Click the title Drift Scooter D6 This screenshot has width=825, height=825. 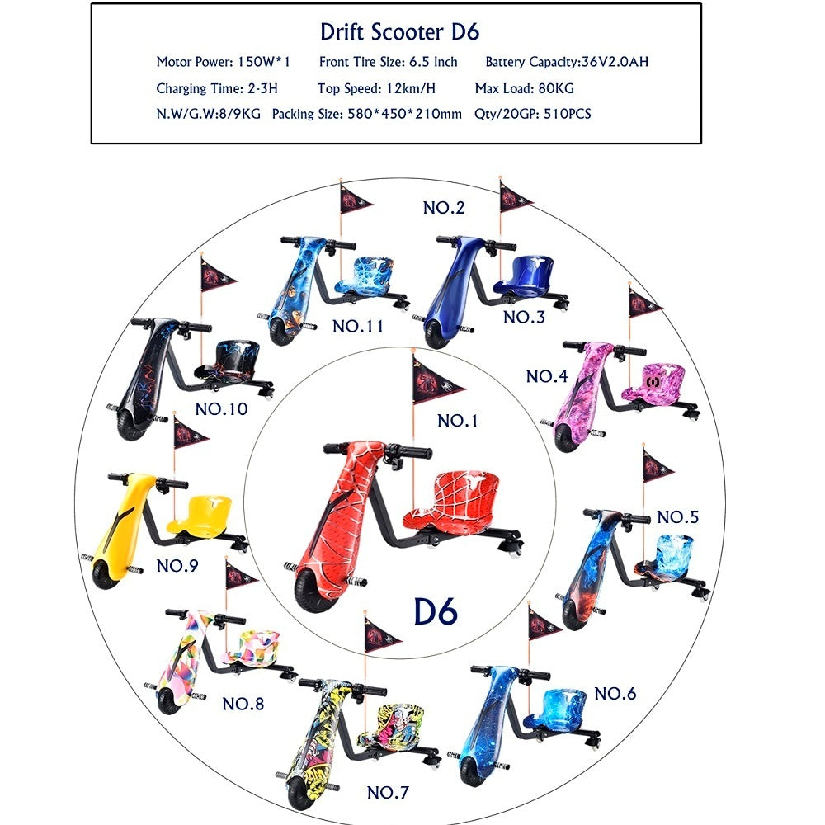[x=399, y=32]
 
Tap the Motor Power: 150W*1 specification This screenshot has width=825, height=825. [x=223, y=62]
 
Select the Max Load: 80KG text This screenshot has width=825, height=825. [x=524, y=88]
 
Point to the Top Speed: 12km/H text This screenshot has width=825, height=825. [x=376, y=88]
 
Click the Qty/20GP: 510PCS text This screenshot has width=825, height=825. [x=532, y=114]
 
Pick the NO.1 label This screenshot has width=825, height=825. [x=458, y=421]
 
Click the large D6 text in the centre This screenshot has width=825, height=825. [x=436, y=611]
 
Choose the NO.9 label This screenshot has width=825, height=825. [x=177, y=566]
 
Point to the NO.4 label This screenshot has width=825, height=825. [x=547, y=376]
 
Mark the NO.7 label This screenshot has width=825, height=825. [x=388, y=792]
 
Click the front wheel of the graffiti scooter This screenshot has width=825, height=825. [x=299, y=792]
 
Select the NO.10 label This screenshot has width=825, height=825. [x=221, y=409]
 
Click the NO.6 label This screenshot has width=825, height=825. [x=615, y=694]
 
